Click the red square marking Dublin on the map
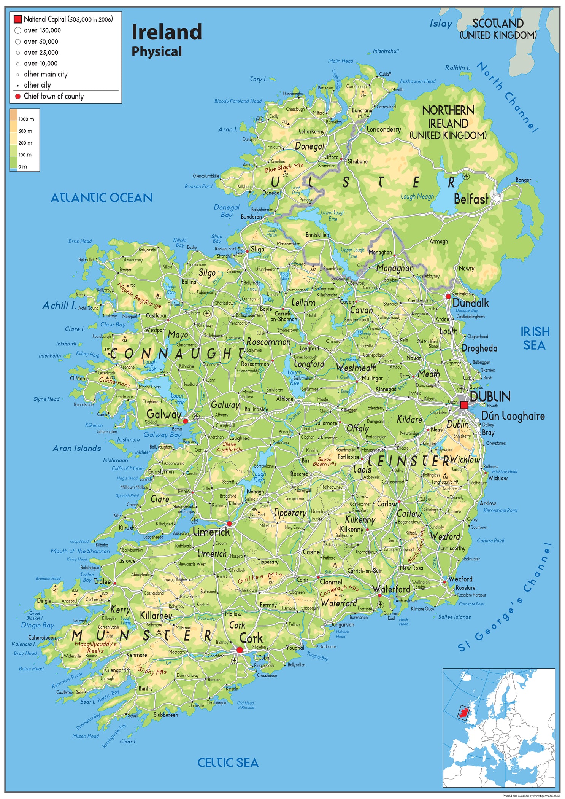[464, 405]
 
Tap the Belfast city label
[471, 199]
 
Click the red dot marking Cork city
[240, 650]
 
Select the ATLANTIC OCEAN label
[102, 198]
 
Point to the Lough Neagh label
[417, 196]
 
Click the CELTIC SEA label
[228, 762]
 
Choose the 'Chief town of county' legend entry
[53, 96]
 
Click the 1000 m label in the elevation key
[26, 119]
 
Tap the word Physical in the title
[157, 52]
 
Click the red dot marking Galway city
[185, 421]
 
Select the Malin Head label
[340, 61]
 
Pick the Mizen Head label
[86, 736]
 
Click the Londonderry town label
[384, 129]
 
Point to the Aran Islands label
[77, 449]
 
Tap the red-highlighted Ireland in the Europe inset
[463, 711]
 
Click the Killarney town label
[156, 616]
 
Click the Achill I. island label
[59, 306]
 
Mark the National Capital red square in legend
[17, 19]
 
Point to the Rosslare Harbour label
[471, 595]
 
